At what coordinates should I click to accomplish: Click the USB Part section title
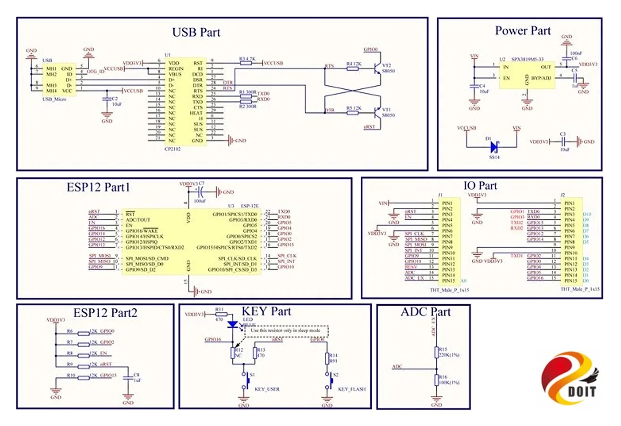coord(196,32)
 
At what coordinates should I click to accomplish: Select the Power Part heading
coord(522,31)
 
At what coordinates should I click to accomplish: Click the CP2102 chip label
coord(172,148)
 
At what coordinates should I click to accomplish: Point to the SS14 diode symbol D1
coord(493,147)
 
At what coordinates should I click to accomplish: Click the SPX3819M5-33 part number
coord(527,59)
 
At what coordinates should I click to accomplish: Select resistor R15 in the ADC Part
coord(436,351)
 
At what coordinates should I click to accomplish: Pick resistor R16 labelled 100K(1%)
coord(436,380)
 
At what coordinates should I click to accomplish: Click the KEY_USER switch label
coord(267,389)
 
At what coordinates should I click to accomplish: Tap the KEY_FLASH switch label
coord(352,389)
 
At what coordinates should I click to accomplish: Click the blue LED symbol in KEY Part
coord(233,325)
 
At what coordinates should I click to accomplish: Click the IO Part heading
coord(480,185)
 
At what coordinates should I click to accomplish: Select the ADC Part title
coord(425,312)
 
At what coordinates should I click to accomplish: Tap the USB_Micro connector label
coord(54,100)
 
